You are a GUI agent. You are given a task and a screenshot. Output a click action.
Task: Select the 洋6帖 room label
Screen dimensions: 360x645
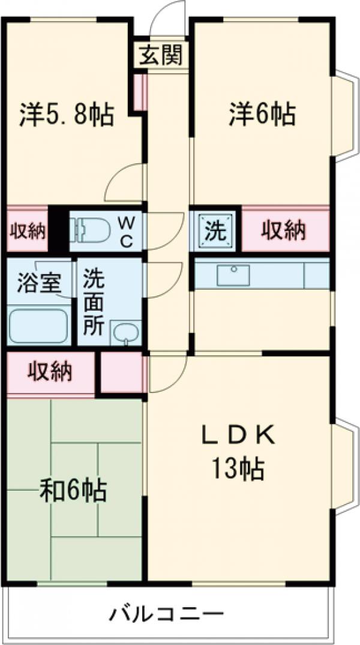262,115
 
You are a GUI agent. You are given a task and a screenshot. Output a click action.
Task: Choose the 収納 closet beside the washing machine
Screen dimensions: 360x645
286,231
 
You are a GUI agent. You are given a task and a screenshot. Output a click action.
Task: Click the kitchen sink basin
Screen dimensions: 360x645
233,275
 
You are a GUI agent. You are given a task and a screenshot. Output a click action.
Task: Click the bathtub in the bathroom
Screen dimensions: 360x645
38,326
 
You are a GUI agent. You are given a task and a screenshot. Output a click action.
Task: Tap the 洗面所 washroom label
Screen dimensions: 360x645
94,302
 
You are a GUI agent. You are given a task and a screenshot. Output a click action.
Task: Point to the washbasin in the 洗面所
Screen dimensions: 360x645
127,332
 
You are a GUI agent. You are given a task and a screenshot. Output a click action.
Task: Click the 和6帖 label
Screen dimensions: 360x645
73,490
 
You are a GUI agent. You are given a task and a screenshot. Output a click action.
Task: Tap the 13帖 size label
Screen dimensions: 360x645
238,469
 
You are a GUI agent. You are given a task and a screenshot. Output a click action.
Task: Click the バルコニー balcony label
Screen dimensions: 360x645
166,615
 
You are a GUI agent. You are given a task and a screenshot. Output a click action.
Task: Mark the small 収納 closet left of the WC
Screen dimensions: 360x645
27,231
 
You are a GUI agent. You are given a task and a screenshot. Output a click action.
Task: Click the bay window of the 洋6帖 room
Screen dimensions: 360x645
343,115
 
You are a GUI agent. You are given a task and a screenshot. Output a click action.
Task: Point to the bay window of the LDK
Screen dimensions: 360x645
343,466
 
